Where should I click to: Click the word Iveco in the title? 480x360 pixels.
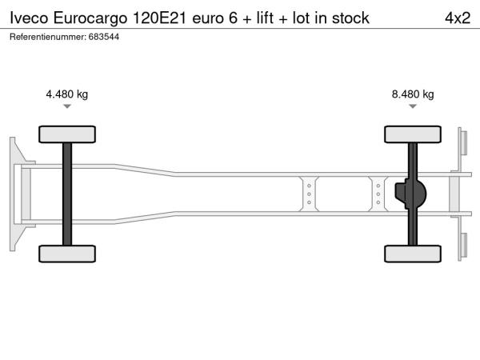(29, 18)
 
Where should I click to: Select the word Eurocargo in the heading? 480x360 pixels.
(90, 19)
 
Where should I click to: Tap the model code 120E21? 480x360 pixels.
(159, 18)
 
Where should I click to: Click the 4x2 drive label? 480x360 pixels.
(458, 18)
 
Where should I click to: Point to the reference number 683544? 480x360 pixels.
(104, 37)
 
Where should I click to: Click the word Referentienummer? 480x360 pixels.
(48, 37)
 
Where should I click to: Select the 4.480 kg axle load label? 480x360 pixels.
(66, 94)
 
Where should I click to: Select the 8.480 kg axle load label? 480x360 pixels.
(413, 94)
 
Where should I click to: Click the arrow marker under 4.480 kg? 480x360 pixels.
(67, 106)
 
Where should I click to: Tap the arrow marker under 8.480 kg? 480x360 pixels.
(413, 106)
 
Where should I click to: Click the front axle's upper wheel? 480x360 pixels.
(67, 134)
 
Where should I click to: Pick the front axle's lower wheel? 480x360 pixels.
(67, 254)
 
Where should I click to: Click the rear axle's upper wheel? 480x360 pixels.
(413, 134)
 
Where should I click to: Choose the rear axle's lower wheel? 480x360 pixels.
(413, 254)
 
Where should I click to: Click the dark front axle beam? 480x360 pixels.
(67, 194)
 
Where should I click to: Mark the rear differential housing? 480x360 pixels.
(410, 194)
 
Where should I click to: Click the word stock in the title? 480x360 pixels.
(350, 18)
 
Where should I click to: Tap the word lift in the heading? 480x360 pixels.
(265, 18)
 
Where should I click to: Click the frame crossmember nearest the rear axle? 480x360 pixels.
(378, 194)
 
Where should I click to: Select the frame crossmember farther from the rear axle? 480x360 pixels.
(309, 194)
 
